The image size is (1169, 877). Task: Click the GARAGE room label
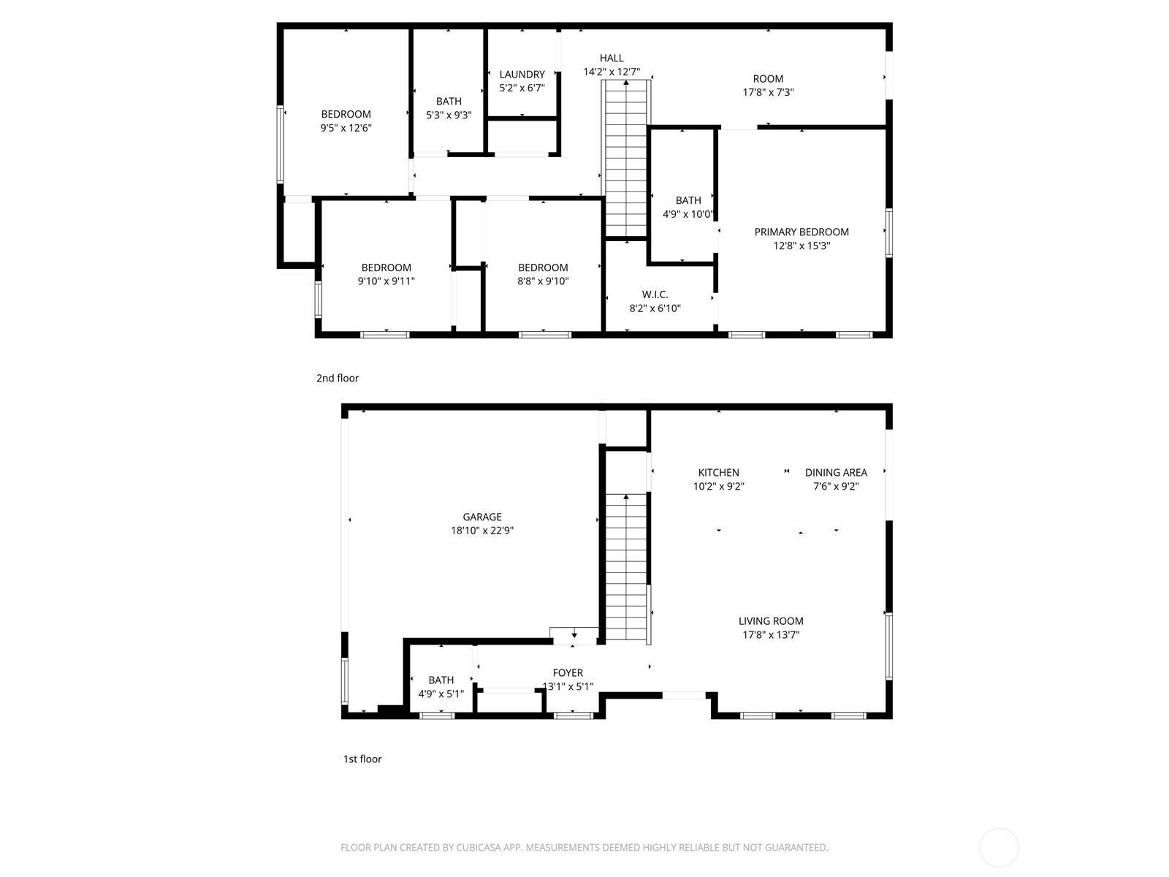coord(481,517)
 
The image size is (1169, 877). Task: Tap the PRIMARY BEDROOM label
coord(801,232)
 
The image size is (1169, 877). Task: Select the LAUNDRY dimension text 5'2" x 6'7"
coord(522,88)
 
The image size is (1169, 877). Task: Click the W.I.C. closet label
coord(655,295)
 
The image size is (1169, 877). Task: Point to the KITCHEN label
coord(718,473)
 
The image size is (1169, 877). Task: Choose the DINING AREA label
coord(836,473)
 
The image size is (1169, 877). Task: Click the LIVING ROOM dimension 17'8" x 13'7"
coord(771,635)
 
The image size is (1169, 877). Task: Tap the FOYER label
coord(568,673)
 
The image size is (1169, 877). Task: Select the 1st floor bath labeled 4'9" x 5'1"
coord(441,687)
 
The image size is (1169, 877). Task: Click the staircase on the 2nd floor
coord(626,161)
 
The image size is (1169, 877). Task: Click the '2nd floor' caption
coord(338,379)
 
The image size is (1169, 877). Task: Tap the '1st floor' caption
coord(362,759)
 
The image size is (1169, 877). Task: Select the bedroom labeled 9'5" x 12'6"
coord(346,121)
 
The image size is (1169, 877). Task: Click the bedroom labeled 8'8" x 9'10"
coord(543,274)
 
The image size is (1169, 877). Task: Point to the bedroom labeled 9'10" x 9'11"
coord(386,274)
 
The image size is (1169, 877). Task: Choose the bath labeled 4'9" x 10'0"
coord(688,207)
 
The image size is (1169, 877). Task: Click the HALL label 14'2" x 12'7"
coord(612,65)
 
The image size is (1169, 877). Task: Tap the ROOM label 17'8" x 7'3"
coord(768,86)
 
